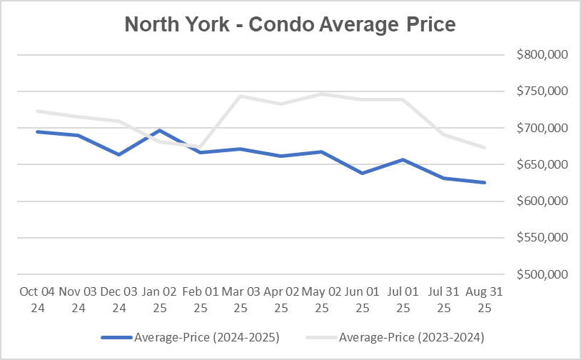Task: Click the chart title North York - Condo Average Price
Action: click(290, 24)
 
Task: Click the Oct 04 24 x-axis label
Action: click(37, 300)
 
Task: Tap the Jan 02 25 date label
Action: click(159, 300)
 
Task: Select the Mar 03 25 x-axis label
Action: click(241, 300)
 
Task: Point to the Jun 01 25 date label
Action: click(363, 300)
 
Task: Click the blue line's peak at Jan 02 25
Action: click(159, 130)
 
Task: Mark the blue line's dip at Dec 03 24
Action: click(118, 154)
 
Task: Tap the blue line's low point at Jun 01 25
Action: click(363, 173)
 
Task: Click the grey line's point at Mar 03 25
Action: click(241, 96)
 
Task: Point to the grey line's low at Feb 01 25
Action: click(200, 146)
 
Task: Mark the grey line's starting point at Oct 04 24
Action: click(37, 111)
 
